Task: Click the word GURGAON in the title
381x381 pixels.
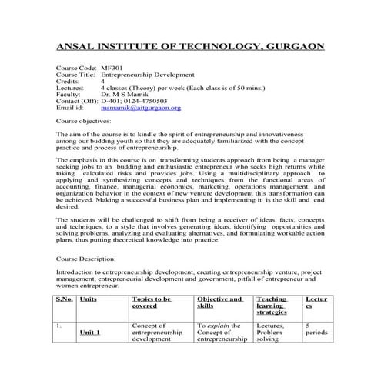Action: pos(293,46)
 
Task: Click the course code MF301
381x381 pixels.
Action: pos(112,67)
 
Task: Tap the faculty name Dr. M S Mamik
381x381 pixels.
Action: pos(128,95)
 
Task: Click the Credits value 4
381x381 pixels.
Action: pos(102,81)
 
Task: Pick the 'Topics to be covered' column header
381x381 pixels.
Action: pos(152,302)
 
